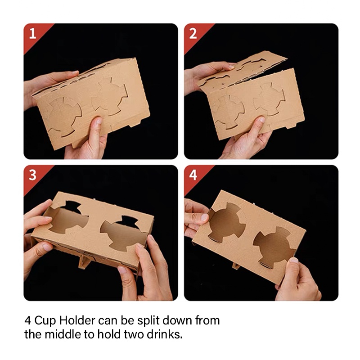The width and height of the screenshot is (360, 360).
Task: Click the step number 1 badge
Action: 32,34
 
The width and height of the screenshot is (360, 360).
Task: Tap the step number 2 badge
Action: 193,34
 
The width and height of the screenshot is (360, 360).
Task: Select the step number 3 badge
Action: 32,175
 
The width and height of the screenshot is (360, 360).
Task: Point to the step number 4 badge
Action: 193,175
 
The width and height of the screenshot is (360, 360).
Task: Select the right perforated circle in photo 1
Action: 109,96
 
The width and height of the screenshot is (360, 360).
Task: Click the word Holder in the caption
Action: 77,320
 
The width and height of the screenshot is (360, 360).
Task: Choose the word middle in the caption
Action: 62,334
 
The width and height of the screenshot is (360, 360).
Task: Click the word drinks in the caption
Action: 164,334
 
